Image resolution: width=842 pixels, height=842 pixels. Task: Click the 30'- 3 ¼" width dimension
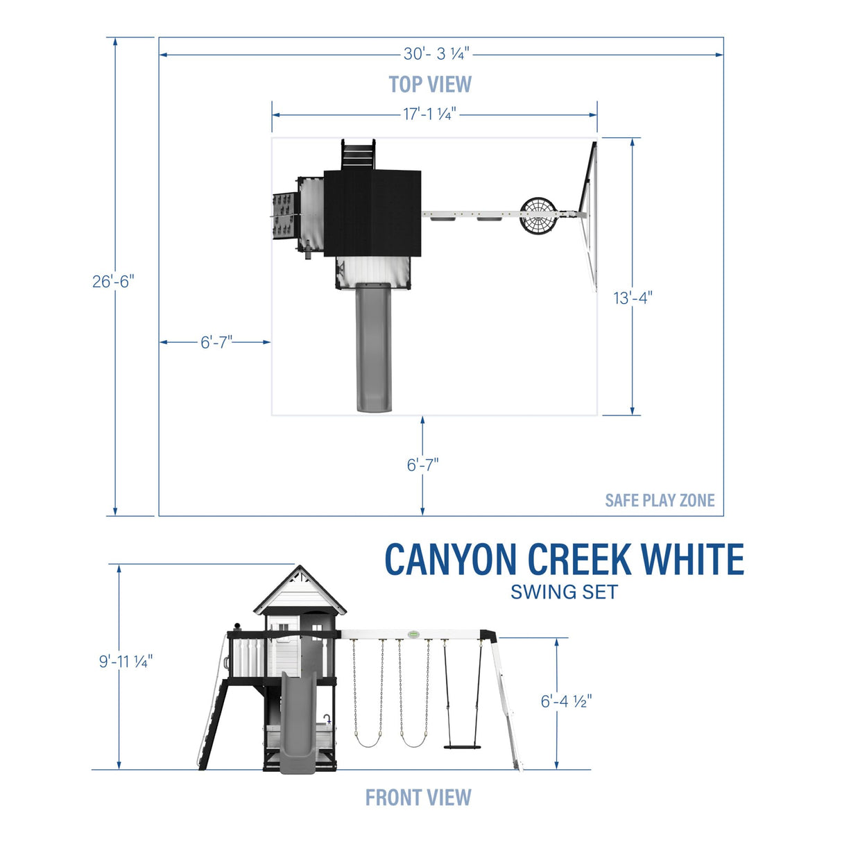(x=436, y=54)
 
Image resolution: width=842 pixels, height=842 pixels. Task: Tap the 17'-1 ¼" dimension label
(x=430, y=114)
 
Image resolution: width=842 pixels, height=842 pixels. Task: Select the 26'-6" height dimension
(x=113, y=282)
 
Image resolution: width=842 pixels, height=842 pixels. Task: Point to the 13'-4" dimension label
(x=633, y=298)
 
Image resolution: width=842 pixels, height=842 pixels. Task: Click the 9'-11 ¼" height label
(x=126, y=661)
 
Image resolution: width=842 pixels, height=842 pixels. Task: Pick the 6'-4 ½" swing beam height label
(x=566, y=701)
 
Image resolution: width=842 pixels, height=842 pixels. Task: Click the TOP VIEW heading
(x=430, y=85)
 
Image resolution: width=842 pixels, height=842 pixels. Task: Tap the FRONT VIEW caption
(x=418, y=798)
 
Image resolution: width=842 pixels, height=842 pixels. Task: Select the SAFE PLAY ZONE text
(x=660, y=500)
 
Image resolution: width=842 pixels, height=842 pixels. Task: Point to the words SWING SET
(x=564, y=592)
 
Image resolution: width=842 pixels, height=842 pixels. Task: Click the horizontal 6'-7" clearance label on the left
(x=216, y=343)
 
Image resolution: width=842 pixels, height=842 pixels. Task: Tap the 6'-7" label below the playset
(x=422, y=465)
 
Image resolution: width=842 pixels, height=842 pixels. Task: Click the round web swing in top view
(x=539, y=216)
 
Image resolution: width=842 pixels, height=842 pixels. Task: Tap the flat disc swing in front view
(x=462, y=746)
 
